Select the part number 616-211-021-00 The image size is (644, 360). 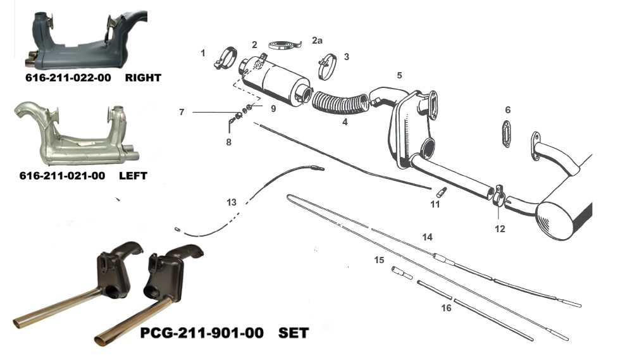pos(62,177)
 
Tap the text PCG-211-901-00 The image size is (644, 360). pos(201,332)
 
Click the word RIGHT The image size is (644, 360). pos(143,78)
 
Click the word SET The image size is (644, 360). pos(294,332)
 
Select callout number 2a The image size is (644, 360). pos(317,40)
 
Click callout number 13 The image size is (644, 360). pos(232,202)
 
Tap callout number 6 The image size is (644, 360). pos(507,110)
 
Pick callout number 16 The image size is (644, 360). pos(447,308)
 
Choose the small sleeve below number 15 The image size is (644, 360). pos(402,273)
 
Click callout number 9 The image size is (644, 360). pos(273,108)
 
